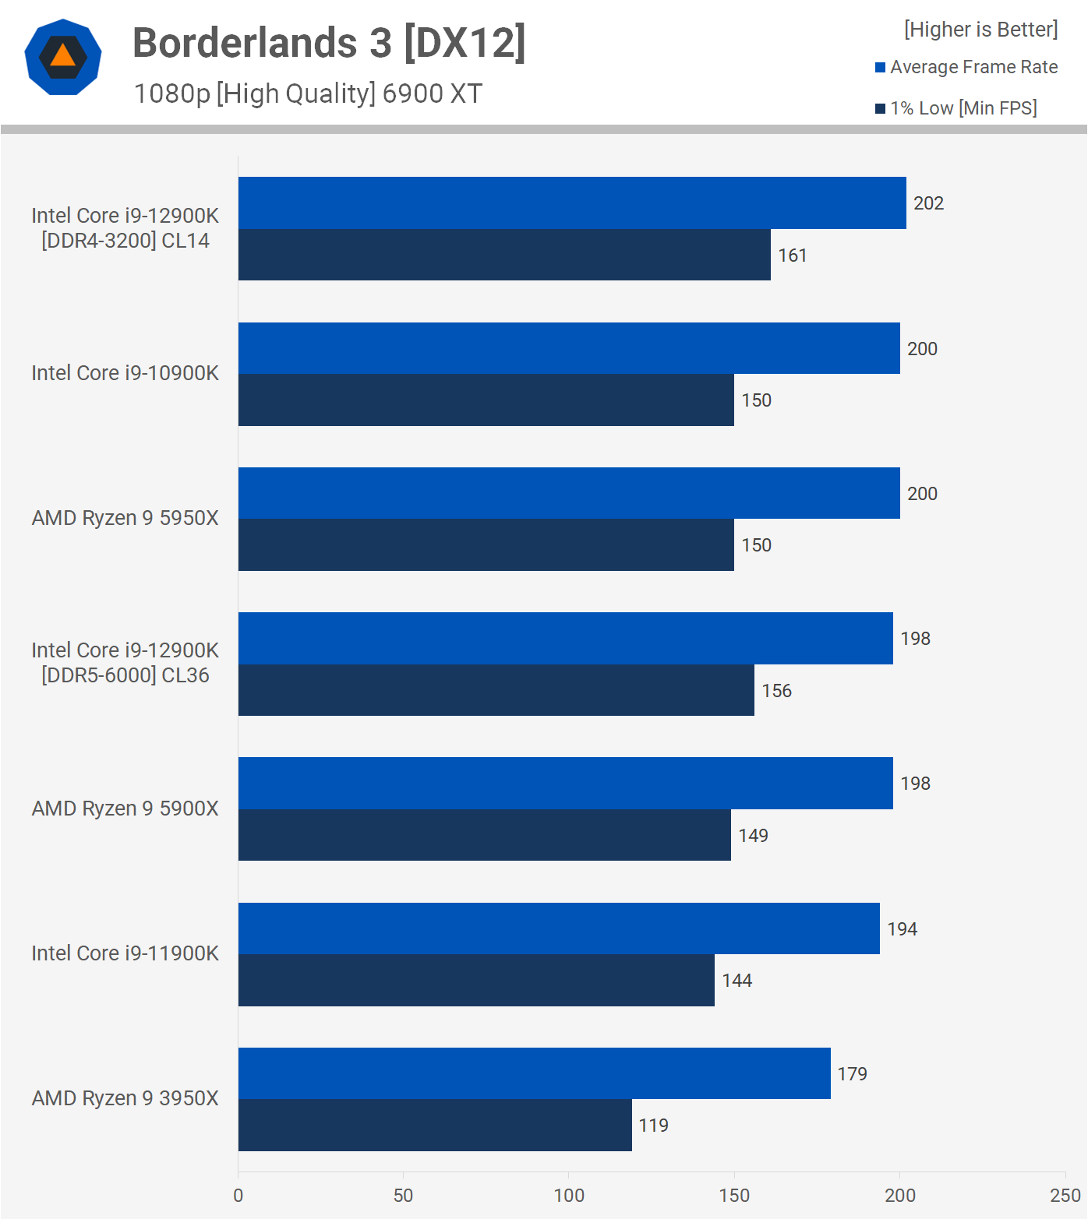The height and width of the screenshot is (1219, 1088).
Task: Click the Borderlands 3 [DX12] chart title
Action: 329,42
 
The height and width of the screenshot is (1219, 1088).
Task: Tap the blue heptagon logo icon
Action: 63,57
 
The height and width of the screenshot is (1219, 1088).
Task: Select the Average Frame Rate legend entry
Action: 966,67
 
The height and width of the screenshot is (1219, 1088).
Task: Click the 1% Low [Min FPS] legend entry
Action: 956,108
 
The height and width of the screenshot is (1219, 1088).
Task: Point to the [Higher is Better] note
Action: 980,30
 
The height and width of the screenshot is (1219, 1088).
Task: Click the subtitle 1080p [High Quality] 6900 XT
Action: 308,93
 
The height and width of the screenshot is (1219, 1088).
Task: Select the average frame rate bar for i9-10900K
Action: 569,348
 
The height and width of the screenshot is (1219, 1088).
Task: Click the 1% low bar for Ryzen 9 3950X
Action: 435,1125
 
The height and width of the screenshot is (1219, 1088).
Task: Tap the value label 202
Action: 928,203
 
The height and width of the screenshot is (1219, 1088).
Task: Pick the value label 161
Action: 792,255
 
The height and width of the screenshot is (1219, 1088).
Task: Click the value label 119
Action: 653,1126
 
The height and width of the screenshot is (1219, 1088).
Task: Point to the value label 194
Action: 902,929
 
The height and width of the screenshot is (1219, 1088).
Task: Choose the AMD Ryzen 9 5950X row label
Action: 125,518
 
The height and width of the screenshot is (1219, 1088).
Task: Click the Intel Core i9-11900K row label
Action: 125,953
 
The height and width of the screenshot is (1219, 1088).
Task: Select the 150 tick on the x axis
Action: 734,1196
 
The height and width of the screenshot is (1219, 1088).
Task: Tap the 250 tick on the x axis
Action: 1065,1196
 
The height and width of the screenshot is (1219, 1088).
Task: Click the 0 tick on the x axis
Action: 238,1196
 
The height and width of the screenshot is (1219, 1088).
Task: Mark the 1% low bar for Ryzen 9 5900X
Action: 485,835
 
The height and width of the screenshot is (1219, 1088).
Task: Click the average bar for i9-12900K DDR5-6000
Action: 566,638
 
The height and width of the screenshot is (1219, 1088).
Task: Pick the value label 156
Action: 776,691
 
